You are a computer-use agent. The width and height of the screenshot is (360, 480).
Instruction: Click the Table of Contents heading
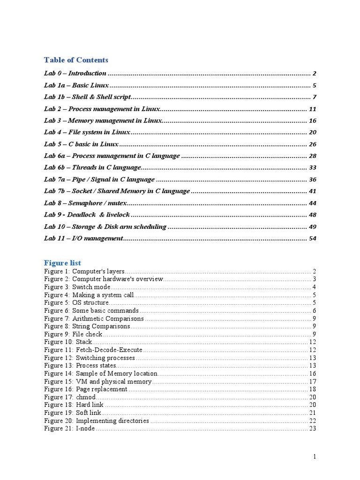pyautogui.click(x=76, y=60)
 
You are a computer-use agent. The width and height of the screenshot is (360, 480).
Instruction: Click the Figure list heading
pyautogui.click(x=62, y=263)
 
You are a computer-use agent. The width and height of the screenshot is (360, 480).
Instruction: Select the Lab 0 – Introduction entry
pyautogui.click(x=75, y=74)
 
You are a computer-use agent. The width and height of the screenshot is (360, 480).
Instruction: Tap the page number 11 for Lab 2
pyautogui.click(x=313, y=109)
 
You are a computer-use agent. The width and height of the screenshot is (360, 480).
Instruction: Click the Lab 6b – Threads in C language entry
pyautogui.click(x=92, y=167)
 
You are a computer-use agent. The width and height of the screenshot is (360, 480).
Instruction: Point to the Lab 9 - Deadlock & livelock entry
pyautogui.click(x=87, y=215)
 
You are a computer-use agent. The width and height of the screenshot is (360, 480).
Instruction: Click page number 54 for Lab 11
pyautogui.click(x=313, y=239)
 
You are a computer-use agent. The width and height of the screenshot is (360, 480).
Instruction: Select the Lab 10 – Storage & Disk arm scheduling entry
pyautogui.click(x=105, y=227)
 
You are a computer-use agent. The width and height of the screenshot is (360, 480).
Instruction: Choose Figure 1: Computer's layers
pyautogui.click(x=84, y=271)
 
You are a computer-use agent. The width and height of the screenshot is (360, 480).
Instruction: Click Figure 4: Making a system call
pyautogui.click(x=89, y=295)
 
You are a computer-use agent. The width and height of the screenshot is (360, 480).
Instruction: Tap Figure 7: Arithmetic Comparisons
pyautogui.click(x=94, y=319)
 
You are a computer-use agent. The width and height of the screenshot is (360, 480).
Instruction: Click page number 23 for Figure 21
pyautogui.click(x=313, y=428)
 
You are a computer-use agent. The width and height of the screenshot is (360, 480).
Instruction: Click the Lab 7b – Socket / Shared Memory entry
pyautogui.click(x=117, y=191)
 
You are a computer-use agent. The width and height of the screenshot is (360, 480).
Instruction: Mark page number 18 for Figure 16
pyautogui.click(x=313, y=389)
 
